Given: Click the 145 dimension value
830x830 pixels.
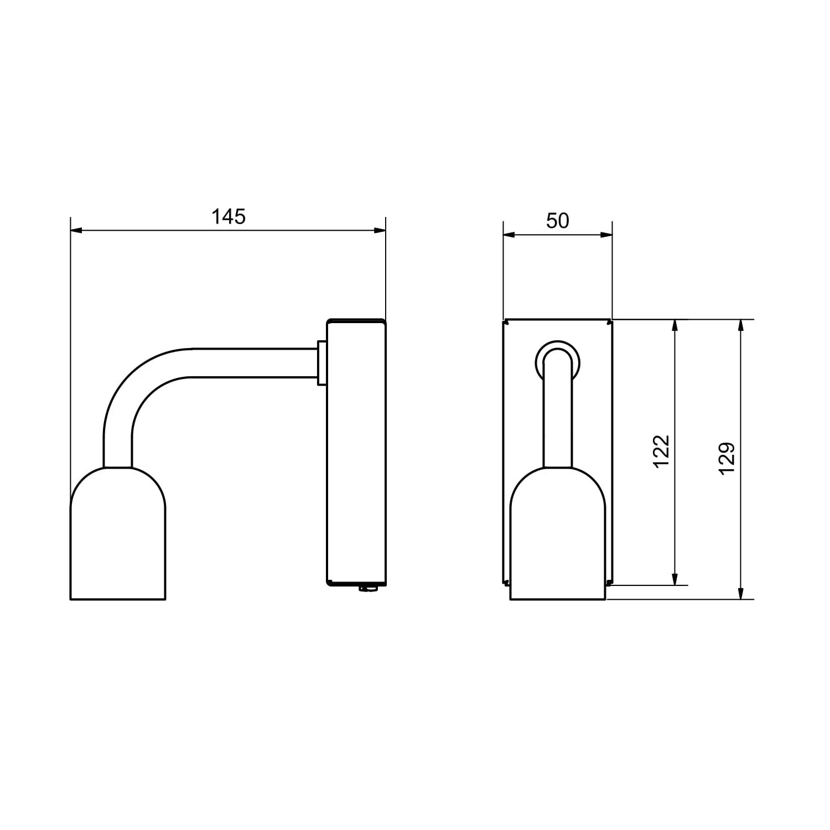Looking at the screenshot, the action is [x=229, y=217].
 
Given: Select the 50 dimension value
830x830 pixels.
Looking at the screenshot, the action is [x=557, y=221].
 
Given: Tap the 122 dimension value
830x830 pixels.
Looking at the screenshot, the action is [x=662, y=452].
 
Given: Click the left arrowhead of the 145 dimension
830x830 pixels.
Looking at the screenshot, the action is [x=76, y=230].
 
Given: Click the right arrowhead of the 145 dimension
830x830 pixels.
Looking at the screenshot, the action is [x=380, y=230].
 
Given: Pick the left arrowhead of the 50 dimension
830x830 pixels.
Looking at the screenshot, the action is [x=509, y=235].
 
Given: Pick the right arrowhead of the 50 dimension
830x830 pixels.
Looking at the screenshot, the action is [x=606, y=235].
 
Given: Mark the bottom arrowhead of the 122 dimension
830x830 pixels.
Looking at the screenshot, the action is [x=675, y=579].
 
